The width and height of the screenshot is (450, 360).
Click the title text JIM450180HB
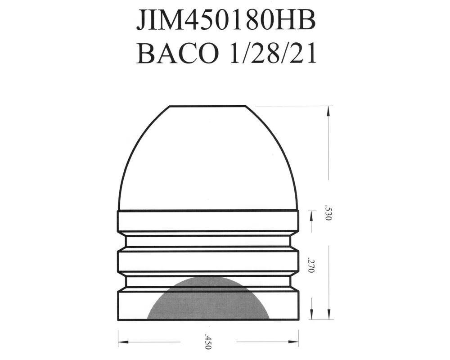coord(225,20)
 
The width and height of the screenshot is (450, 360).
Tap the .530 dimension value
coord(328,213)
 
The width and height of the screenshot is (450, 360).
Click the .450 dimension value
coord(208,342)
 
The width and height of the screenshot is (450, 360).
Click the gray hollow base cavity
coord(208,298)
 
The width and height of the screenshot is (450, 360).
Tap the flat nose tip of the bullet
coord(207,106)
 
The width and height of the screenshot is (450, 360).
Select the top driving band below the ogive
coord(208,220)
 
